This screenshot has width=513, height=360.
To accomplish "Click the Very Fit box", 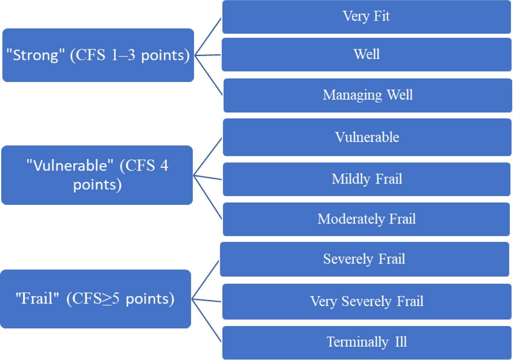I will [366, 17].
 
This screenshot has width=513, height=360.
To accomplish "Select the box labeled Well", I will [366, 54].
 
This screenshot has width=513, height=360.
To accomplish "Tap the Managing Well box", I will [367, 95].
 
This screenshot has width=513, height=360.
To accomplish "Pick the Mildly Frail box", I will [366, 179].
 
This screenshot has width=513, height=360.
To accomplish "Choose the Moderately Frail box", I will [366, 219].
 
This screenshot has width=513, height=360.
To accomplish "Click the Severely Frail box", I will [364, 259].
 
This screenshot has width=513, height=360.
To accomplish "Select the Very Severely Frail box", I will [366, 301].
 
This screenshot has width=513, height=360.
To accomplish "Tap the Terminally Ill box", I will [366, 342].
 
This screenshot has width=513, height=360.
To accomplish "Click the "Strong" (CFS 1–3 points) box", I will [98, 55].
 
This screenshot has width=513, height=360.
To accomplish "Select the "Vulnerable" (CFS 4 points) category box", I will [97, 175].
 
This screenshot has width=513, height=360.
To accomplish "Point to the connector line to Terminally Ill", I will [207, 320].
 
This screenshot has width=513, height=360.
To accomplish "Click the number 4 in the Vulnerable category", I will [164, 165].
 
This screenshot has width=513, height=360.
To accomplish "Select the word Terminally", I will [352, 342].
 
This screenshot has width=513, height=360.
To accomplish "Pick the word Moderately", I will [345, 219].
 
